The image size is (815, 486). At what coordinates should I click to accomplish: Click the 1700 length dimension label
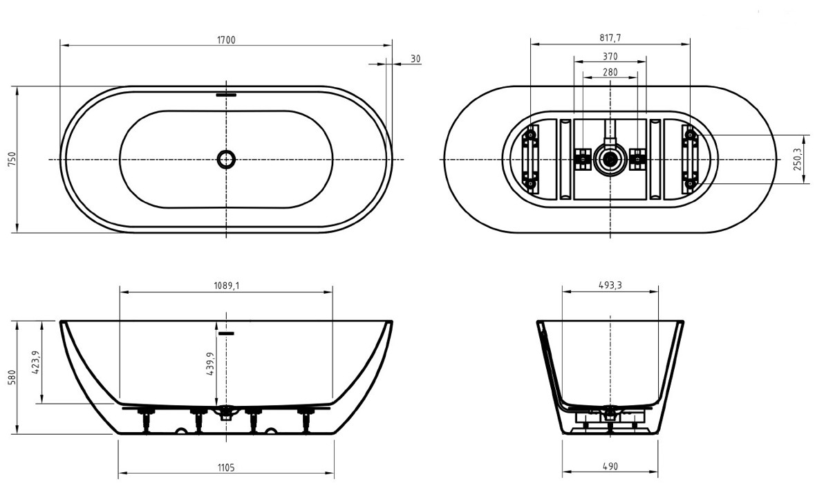click(x=226, y=39)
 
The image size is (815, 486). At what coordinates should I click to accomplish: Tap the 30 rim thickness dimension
click(x=415, y=59)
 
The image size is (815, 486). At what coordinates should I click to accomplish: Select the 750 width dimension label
click(x=12, y=159)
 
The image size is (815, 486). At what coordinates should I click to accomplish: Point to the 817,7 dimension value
click(x=610, y=37)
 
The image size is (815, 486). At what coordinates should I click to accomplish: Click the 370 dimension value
click(x=610, y=55)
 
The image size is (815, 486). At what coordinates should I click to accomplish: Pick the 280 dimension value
click(x=610, y=72)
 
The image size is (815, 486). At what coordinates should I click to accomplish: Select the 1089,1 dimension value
click(x=227, y=285)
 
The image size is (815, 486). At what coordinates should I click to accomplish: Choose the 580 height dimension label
click(x=12, y=378)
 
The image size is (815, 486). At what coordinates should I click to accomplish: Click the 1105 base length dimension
click(x=226, y=467)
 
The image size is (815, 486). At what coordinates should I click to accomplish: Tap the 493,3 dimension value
click(x=610, y=285)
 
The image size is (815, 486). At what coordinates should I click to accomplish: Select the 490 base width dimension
click(x=610, y=466)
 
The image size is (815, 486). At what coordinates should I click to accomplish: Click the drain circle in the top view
click(x=227, y=158)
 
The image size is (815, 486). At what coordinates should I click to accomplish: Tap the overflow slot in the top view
click(x=227, y=95)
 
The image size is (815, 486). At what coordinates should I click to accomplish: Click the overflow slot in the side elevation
click(x=227, y=333)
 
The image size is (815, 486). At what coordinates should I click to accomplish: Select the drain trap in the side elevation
click(x=226, y=411)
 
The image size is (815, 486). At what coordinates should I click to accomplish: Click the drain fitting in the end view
click(x=610, y=413)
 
